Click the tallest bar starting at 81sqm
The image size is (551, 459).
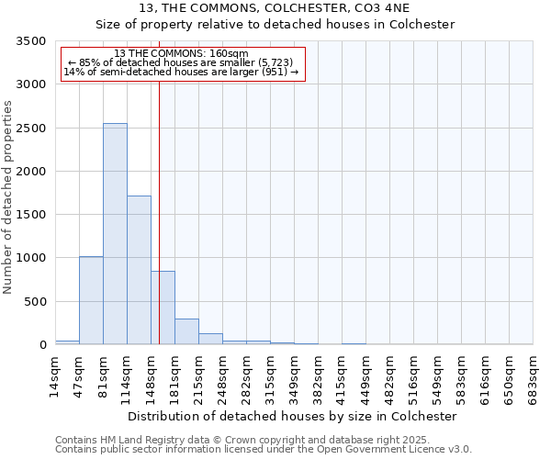point(115,234)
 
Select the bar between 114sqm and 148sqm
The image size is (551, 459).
point(139,270)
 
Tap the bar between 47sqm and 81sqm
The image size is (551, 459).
point(91,300)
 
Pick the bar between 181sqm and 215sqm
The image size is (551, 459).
point(186,331)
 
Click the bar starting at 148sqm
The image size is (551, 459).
point(163,308)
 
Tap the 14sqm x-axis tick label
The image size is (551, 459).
point(55,378)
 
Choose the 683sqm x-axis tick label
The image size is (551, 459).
point(534,378)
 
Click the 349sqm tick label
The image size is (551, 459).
point(294,378)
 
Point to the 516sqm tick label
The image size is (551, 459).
point(413,378)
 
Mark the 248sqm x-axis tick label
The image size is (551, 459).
point(222,378)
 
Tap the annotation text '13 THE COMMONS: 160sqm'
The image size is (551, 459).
point(182,54)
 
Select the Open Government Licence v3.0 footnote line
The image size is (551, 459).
point(264,449)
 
